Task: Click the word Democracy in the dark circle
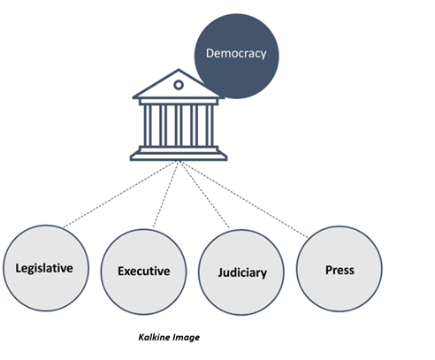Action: (236, 54)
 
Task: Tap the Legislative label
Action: (44, 268)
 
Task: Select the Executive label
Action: (144, 271)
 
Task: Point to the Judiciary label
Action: (242, 272)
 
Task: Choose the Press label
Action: (340, 270)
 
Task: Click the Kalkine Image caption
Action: (169, 337)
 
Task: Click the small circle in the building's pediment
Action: (179, 85)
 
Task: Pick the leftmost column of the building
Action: (148, 126)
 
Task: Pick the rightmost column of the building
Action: (210, 126)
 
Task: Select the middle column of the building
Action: (179, 126)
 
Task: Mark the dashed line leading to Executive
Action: (165, 195)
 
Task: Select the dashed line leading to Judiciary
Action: (204, 195)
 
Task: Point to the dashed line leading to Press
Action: (244, 199)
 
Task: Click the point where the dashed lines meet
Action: (179, 161)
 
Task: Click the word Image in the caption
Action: (187, 338)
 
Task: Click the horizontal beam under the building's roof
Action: (179, 102)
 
